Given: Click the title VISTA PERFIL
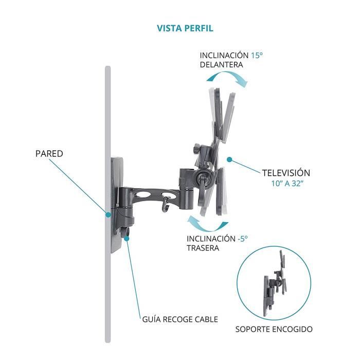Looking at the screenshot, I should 185,28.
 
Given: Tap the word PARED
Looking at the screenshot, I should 49,153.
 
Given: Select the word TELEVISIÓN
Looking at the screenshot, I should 286,173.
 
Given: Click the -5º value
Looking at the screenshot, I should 242,238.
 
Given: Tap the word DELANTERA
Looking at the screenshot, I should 221,65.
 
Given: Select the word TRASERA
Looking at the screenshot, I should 203,248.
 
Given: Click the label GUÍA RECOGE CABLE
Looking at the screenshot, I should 179,319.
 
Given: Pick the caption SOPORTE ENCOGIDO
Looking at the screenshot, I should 274,329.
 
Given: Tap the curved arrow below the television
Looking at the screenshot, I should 208,224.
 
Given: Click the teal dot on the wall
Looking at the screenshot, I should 109,213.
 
